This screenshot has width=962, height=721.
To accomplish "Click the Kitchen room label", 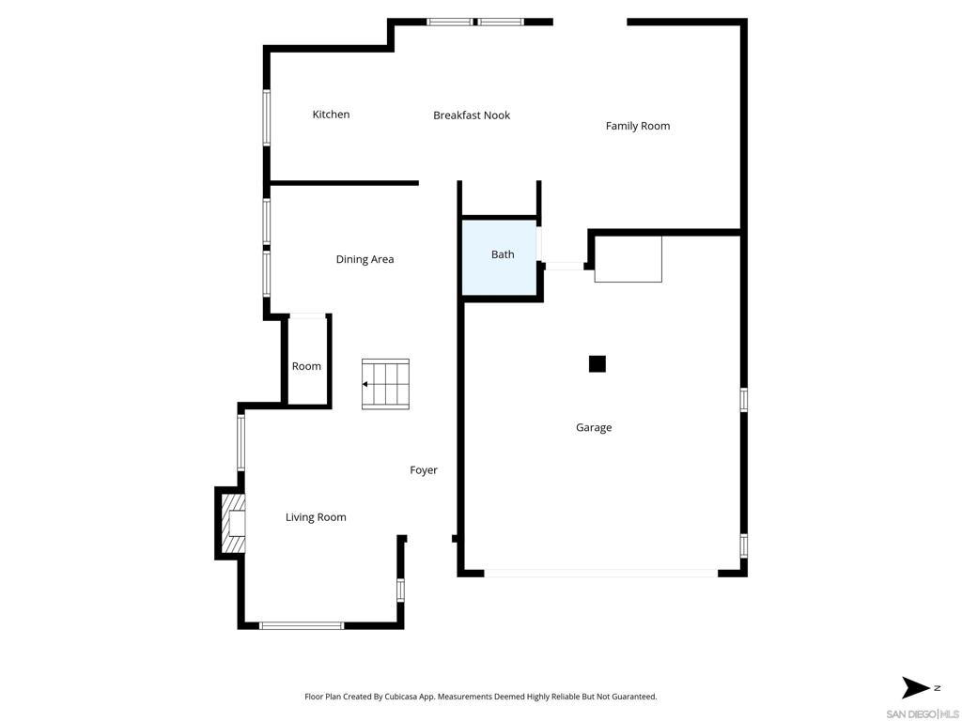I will click(331, 115).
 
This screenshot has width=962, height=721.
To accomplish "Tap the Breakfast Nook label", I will click(472, 115).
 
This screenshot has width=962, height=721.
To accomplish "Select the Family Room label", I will click(637, 126).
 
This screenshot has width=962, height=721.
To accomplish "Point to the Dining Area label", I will click(365, 259).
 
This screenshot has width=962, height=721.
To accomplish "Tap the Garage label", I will click(594, 427).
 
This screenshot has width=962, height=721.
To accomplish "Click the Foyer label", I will click(424, 470).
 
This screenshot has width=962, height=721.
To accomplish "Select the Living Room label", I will click(316, 517).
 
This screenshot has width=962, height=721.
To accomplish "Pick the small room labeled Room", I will click(306, 366).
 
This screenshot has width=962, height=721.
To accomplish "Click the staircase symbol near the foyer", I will click(386, 384).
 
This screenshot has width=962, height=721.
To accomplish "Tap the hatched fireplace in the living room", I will click(232, 523).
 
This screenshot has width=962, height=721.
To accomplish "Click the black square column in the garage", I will click(597, 363).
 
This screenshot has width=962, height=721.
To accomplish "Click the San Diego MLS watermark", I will click(923, 713).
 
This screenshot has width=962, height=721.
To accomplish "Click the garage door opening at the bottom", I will click(601, 572).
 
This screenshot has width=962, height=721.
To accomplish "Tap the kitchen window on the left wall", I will click(267, 117).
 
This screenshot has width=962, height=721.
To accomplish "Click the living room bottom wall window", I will click(302, 625).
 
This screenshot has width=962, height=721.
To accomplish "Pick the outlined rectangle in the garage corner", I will click(628, 259).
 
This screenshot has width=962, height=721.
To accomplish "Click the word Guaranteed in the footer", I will click(630, 697).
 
